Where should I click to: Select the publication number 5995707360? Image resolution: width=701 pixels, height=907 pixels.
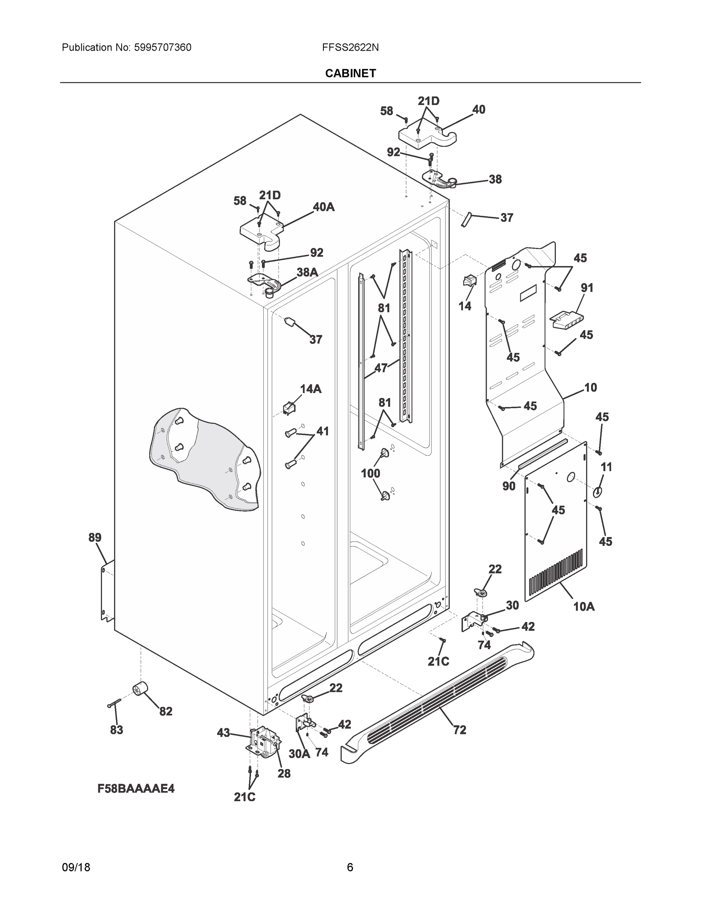click(162, 48)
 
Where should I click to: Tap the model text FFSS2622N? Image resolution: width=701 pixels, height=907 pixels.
click(350, 48)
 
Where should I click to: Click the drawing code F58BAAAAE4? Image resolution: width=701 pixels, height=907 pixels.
click(136, 789)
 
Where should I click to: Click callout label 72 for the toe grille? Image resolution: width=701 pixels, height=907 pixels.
click(459, 730)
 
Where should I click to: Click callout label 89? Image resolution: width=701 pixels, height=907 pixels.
click(95, 538)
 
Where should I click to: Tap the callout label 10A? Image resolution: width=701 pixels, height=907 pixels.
click(583, 607)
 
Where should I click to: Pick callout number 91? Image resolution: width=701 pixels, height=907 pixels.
click(587, 288)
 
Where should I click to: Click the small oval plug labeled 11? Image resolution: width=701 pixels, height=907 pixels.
click(597, 492)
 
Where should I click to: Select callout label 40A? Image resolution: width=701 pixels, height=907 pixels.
click(323, 207)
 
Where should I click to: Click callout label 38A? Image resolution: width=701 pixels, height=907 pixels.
click(307, 272)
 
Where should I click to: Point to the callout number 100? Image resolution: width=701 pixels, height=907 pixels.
click(370, 473)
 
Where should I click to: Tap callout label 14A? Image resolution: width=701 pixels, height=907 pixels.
click(311, 389)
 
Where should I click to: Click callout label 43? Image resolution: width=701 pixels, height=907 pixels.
click(223, 733)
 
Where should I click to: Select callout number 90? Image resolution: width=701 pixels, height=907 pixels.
click(509, 486)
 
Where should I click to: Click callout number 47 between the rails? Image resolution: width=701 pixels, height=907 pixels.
click(381, 368)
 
